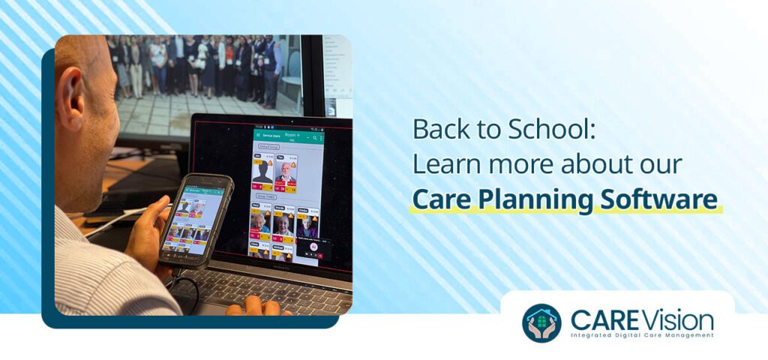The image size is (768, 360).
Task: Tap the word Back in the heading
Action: pyautogui.click(x=439, y=129)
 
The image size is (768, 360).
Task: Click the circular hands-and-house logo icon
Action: pyautogui.click(x=541, y=322)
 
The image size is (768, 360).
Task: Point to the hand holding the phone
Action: pyautogui.click(x=150, y=232)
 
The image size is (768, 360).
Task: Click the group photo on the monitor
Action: pyautogui.click(x=202, y=67)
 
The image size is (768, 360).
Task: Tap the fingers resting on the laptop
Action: pyautogui.click(x=255, y=307)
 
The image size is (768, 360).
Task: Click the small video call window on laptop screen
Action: pyautogui.click(x=313, y=247)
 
